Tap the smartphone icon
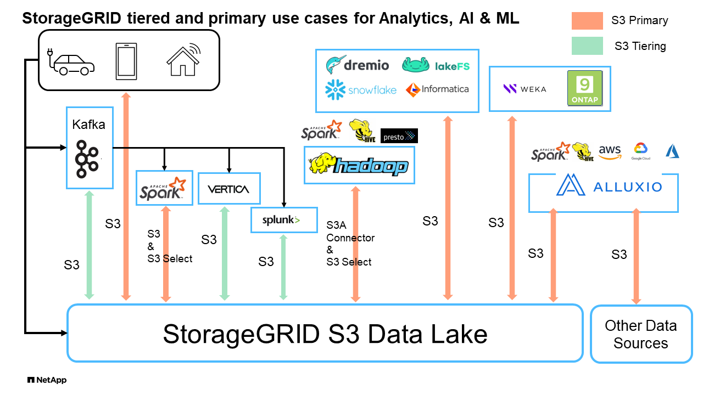pyautogui.click(x=125, y=61)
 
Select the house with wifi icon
pyautogui.click(x=183, y=60)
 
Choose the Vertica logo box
pyautogui.click(x=228, y=189)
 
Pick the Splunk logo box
pyautogui.click(x=284, y=220)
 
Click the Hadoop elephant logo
pyautogui.click(x=359, y=165)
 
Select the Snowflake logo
pyautogui.click(x=360, y=89)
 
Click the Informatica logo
pyautogui.click(x=437, y=89)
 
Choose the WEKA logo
pyautogui.click(x=525, y=89)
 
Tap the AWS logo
pyautogui.click(x=610, y=151)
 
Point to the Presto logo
pyautogui.click(x=399, y=136)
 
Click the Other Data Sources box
pyautogui.click(x=641, y=334)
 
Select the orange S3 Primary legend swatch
pyautogui.click(x=588, y=21)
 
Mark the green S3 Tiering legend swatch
pyautogui.click(x=588, y=46)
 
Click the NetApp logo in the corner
pyautogui.click(x=47, y=380)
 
